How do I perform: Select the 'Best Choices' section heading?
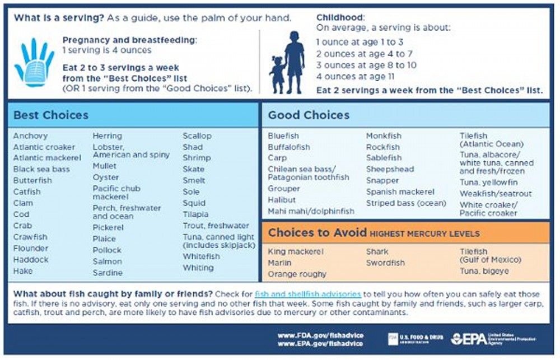click(51, 115)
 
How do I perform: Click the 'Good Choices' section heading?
click(309, 115)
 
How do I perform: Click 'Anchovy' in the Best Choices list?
click(30, 136)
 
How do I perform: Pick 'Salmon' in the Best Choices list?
click(107, 261)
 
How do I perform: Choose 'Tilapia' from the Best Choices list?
click(195, 214)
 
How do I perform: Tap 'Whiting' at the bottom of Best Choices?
click(198, 268)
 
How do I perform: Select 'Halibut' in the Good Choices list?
click(282, 200)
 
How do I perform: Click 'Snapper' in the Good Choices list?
click(382, 180)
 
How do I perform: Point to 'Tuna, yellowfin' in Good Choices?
click(488, 183)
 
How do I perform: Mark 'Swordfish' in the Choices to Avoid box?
click(385, 263)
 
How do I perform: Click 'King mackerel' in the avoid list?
click(296, 251)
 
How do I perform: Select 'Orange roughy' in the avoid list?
click(297, 274)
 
